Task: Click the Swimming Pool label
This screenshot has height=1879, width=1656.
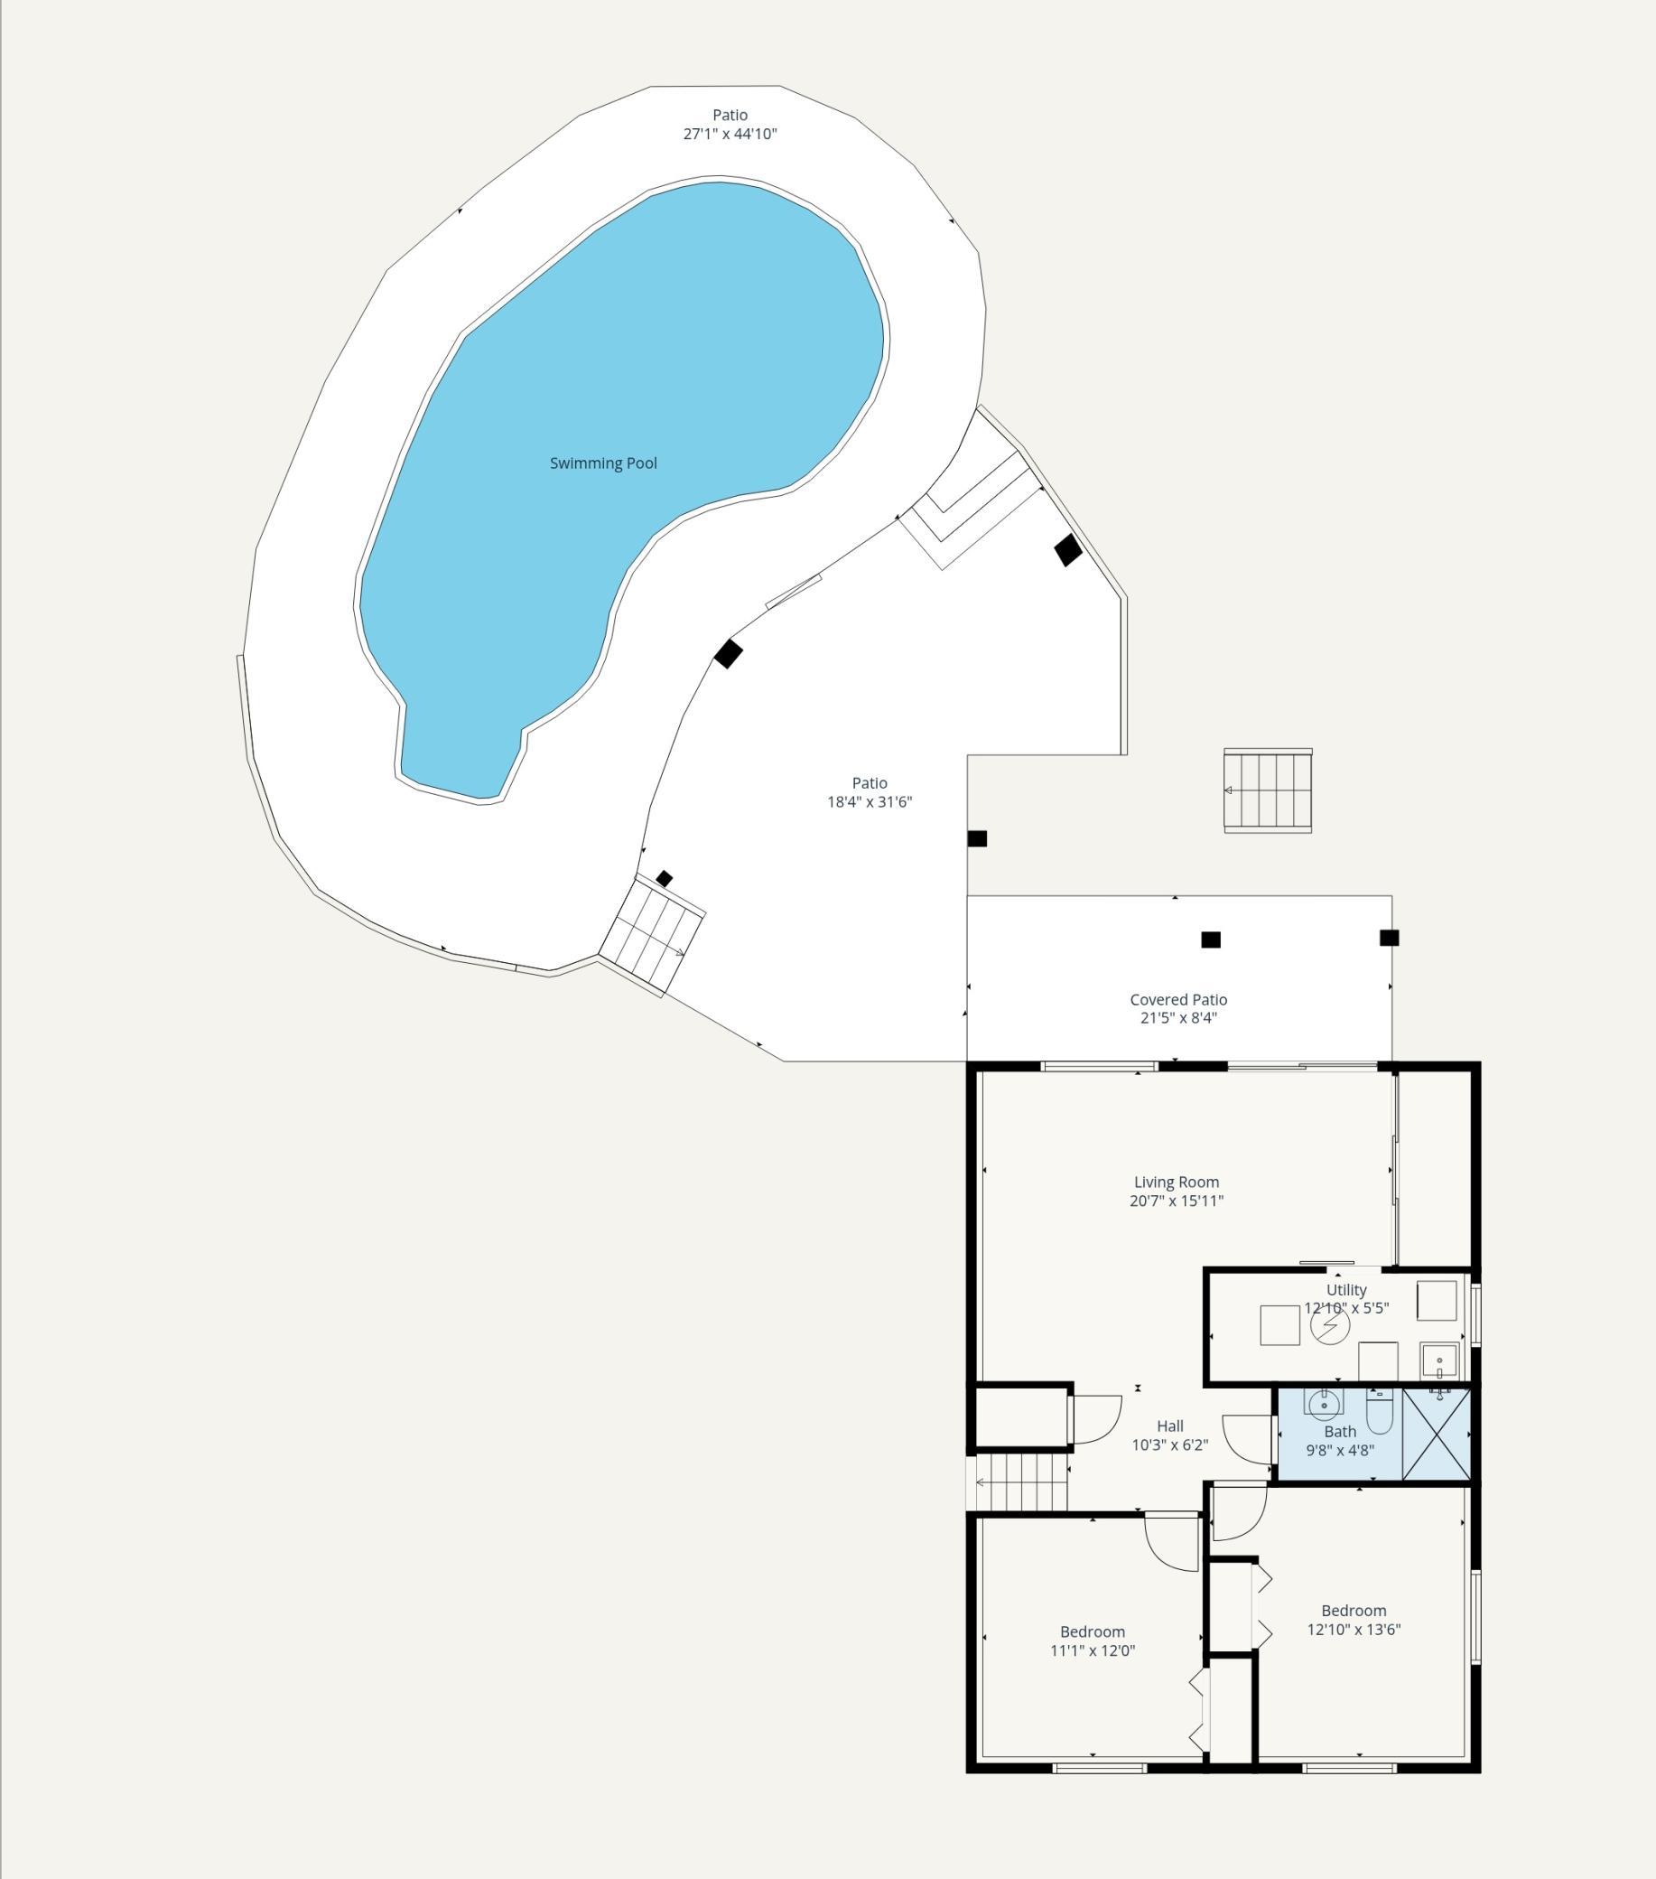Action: [x=603, y=463]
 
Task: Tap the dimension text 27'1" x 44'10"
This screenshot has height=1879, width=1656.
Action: [x=730, y=135]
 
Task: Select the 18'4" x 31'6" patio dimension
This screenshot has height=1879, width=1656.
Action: [x=870, y=801]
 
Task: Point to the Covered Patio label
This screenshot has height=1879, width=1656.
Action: [x=1178, y=999]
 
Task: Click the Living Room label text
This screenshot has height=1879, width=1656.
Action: [x=1177, y=1183]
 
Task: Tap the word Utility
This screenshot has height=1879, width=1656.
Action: [x=1346, y=1291]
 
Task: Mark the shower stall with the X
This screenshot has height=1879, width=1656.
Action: [x=1437, y=1434]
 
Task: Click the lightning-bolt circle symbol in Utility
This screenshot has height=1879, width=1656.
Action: [x=1330, y=1324]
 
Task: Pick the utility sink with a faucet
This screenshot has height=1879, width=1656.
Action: [x=1439, y=1360]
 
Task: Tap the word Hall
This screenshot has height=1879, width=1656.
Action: [x=1170, y=1426]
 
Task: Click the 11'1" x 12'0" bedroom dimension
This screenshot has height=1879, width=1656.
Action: [x=1093, y=1650]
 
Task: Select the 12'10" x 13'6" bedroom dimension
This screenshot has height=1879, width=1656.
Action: [x=1354, y=1630]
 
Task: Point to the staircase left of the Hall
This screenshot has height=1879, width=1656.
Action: [x=1021, y=1482]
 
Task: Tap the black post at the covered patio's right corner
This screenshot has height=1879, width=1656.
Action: [x=1390, y=938]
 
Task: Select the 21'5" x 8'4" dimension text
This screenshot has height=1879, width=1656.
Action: [x=1178, y=1017]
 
